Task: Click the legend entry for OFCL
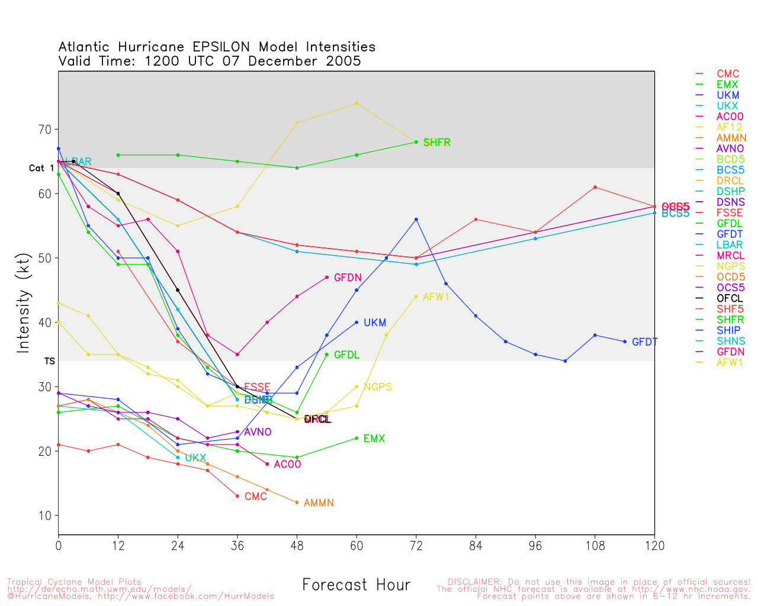pos(730,298)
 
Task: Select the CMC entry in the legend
pos(728,74)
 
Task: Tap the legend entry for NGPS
pos(731,266)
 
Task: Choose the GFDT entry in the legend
pos(730,234)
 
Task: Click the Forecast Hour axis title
pos(356,585)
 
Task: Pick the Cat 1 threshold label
pos(41,169)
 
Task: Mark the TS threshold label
pos(49,361)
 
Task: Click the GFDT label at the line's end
pos(644,342)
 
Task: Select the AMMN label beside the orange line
pos(319,503)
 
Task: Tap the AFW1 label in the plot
pos(436,297)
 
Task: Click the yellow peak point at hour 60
pos(356,103)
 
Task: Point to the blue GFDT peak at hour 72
pos(416,220)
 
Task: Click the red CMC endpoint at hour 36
pos(237,496)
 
